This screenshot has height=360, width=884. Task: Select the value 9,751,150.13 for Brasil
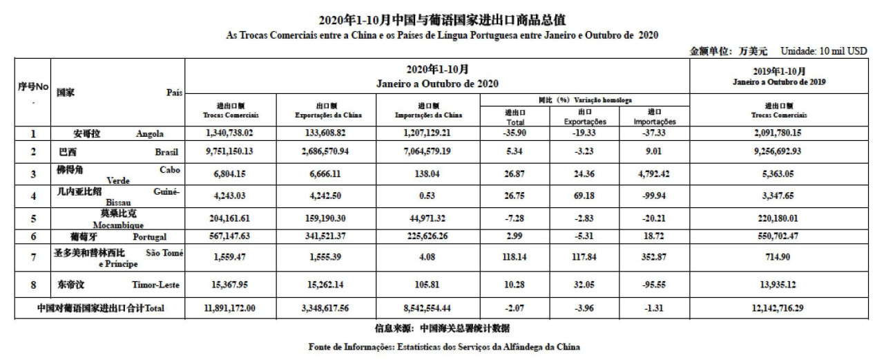click(230, 151)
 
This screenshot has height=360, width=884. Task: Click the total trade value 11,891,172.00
click(230, 308)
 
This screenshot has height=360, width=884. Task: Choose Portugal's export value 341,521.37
click(329, 237)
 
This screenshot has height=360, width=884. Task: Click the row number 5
click(32, 217)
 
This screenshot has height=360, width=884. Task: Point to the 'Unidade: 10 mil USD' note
click(823, 51)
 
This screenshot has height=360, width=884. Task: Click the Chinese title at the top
click(441, 19)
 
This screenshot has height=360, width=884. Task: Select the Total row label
click(101, 308)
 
